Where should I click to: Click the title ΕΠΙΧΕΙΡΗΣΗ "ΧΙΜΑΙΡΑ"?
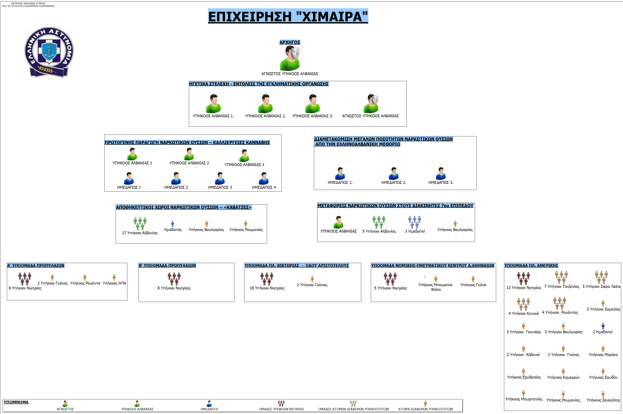tap(288, 16)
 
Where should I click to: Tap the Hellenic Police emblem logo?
tap(49, 52)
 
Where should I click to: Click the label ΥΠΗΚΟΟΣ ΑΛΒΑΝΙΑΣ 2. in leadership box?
tap(265, 116)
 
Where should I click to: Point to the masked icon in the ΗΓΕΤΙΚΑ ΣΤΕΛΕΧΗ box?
tap(371, 103)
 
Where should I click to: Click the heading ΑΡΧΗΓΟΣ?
tap(290, 42)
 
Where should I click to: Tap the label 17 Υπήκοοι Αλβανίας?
tap(140, 233)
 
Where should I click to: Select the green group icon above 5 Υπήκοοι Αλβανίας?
tap(379, 222)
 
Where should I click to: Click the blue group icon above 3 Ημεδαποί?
tap(414, 222)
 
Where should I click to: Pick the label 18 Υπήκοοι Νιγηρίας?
tap(267, 288)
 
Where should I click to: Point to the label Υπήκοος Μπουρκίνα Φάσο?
tap(435, 287)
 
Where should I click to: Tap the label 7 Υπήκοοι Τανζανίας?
tap(562, 287)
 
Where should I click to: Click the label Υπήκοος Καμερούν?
tap(563, 377)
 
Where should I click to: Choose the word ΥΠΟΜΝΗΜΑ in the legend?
tap(16, 402)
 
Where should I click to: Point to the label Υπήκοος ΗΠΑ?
tap(114, 283)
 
